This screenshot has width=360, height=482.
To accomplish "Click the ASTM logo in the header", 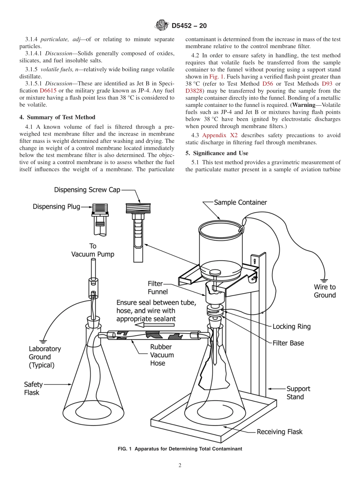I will [x=162, y=26].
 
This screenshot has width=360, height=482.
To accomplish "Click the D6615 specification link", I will [x=49, y=91].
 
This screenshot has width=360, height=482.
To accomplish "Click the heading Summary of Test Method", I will [x=57, y=117].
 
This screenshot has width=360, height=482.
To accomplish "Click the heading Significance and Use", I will [x=217, y=153].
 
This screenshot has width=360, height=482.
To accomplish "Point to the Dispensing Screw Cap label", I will [x=87, y=190].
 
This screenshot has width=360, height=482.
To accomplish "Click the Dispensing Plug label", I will [x=56, y=207].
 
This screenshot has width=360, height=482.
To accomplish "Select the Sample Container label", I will [x=240, y=202].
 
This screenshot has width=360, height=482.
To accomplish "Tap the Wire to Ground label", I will [x=325, y=291].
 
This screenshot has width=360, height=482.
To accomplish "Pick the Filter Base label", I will [x=288, y=343].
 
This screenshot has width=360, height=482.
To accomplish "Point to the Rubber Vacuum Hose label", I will [x=161, y=355].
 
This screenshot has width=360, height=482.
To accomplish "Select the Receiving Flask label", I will [x=280, y=432].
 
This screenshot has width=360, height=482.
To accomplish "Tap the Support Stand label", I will [x=298, y=393].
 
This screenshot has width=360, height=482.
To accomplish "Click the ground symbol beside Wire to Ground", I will [x=323, y=276].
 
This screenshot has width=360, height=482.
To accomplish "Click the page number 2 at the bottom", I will [x=180, y=466].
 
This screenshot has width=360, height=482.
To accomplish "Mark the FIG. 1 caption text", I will [x=180, y=449].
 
